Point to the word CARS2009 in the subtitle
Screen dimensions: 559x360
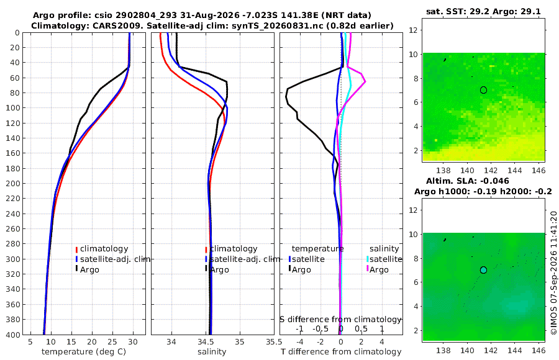124,26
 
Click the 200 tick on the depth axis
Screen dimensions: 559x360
13,183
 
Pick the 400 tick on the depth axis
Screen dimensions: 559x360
13,335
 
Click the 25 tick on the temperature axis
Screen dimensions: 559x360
112,342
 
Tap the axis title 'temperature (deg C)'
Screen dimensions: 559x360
84,352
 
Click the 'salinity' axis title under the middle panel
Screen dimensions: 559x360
212,352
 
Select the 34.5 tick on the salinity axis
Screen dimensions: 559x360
206,342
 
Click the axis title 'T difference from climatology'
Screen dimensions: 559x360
341,352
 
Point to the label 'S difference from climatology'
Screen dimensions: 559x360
340,320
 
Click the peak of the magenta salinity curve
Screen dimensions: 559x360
365,82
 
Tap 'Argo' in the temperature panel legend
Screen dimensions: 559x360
89,270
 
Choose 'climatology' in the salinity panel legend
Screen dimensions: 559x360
234,249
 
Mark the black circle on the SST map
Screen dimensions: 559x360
483,90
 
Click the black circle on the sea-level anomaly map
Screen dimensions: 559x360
483,270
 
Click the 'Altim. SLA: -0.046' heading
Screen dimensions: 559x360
467,181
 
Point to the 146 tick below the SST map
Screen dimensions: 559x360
539,170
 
